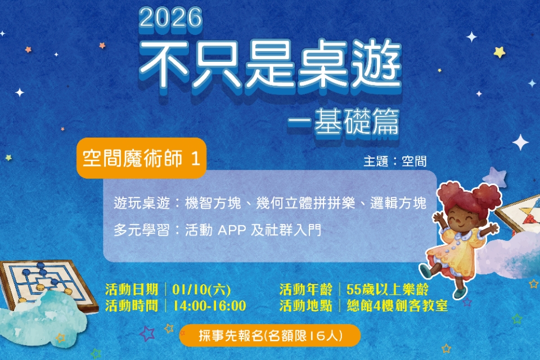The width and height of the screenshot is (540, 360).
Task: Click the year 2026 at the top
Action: pos(170,18)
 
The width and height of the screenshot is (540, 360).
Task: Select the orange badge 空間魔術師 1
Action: pos(141,159)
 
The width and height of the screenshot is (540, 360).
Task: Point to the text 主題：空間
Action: pos(395,161)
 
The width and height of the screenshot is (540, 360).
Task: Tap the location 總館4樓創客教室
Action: pos(397,306)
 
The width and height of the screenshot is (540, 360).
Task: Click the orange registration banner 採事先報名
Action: pos(270,336)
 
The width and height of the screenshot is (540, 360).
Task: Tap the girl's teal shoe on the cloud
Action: pos(460,292)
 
